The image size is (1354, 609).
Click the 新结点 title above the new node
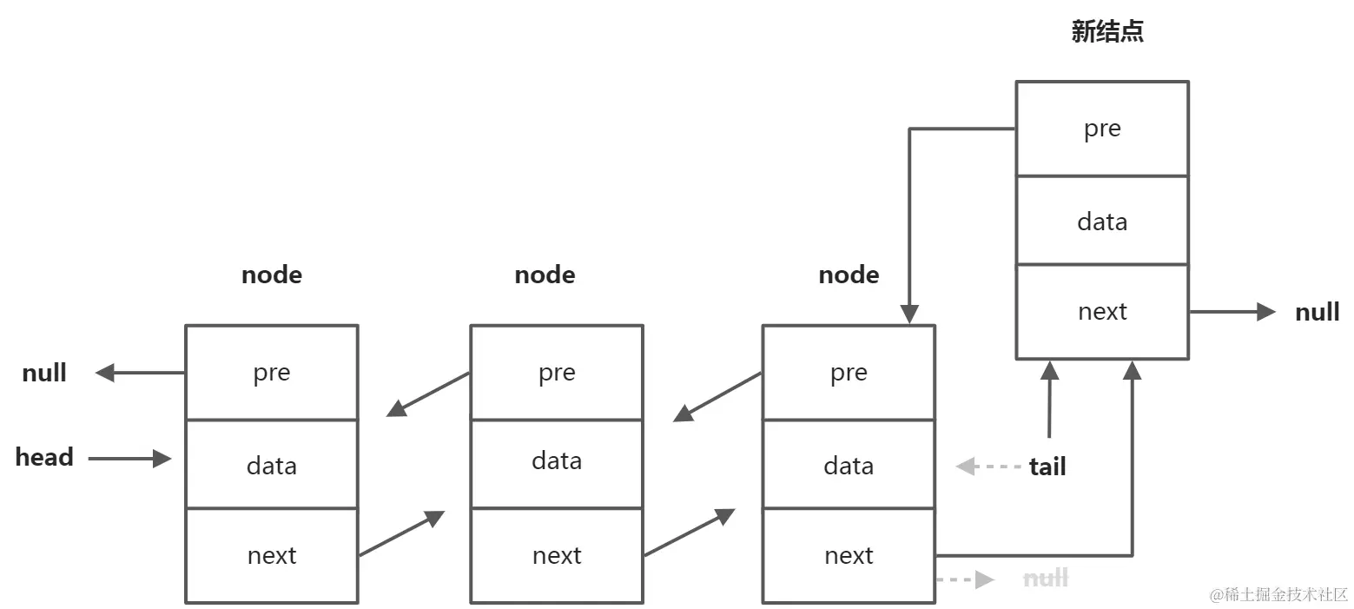click(1107, 32)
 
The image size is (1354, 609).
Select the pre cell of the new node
click(1102, 129)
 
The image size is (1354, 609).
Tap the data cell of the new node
click(1102, 222)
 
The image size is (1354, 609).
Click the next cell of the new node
click(1102, 312)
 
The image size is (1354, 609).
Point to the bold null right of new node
click(1317, 313)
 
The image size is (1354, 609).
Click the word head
click(44, 458)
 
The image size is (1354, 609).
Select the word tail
click(1047, 467)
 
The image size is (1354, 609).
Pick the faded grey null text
click(1046, 579)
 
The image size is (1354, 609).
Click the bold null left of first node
click(44, 374)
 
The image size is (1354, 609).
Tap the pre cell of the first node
click(271, 373)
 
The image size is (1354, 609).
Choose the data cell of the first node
click(271, 465)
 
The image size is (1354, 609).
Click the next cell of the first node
click(271, 556)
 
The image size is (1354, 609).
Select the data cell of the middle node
click(557, 460)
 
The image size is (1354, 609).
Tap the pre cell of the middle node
click(557, 373)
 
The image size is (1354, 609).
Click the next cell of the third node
click(849, 556)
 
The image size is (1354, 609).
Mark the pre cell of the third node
click(849, 373)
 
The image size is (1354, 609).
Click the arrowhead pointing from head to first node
click(162, 459)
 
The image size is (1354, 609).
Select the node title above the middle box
click(545, 275)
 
